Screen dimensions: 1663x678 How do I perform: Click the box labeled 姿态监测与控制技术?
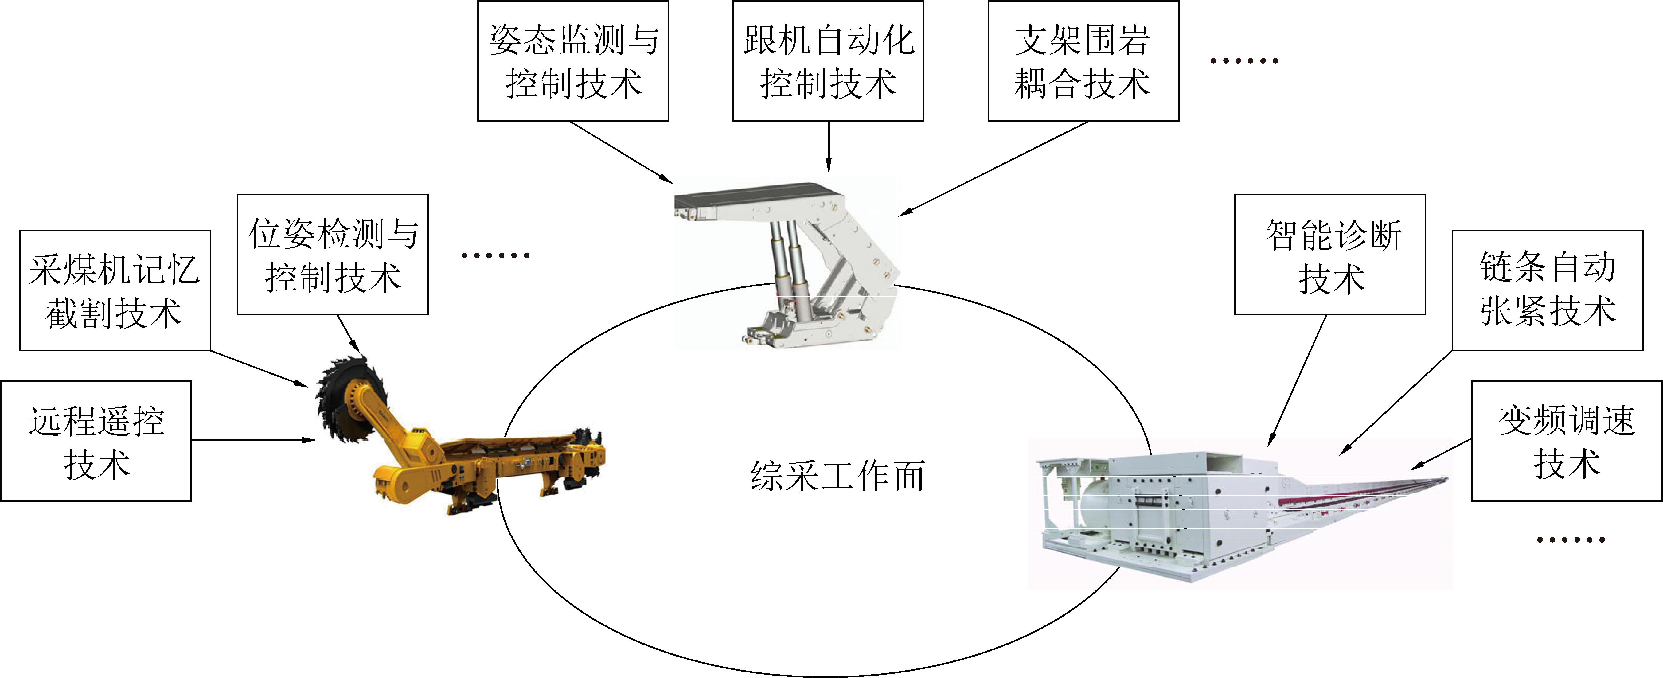click(573, 61)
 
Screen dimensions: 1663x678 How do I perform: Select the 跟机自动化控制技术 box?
click(828, 61)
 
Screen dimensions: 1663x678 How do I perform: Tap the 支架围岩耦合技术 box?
click(1083, 61)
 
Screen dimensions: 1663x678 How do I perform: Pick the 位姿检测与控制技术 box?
click(333, 255)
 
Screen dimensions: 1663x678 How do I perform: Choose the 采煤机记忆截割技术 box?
click(115, 290)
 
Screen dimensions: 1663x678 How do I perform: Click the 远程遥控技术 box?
click(96, 440)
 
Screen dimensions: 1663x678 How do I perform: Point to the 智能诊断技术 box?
click(1330, 255)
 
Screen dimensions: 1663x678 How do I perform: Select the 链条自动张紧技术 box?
click(1548, 290)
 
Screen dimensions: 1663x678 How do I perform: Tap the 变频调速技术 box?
click(1567, 440)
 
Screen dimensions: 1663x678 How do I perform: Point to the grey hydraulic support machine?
click(786, 265)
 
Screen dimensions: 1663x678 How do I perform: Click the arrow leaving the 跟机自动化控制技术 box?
click(828, 146)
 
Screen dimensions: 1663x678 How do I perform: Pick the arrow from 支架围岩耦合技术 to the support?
click(994, 169)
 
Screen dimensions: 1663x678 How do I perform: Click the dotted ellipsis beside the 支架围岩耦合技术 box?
click(1244, 61)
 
